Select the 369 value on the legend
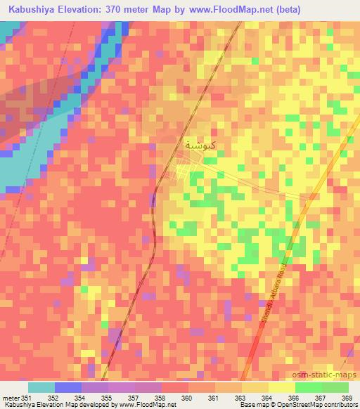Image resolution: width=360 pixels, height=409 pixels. (347, 398)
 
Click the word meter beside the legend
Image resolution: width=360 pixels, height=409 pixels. (10, 398)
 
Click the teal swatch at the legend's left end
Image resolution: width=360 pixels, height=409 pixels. (41, 387)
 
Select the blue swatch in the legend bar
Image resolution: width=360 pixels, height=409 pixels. (67, 387)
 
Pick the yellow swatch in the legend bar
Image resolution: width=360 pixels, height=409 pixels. (281, 387)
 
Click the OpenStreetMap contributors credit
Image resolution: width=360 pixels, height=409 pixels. (321, 405)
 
